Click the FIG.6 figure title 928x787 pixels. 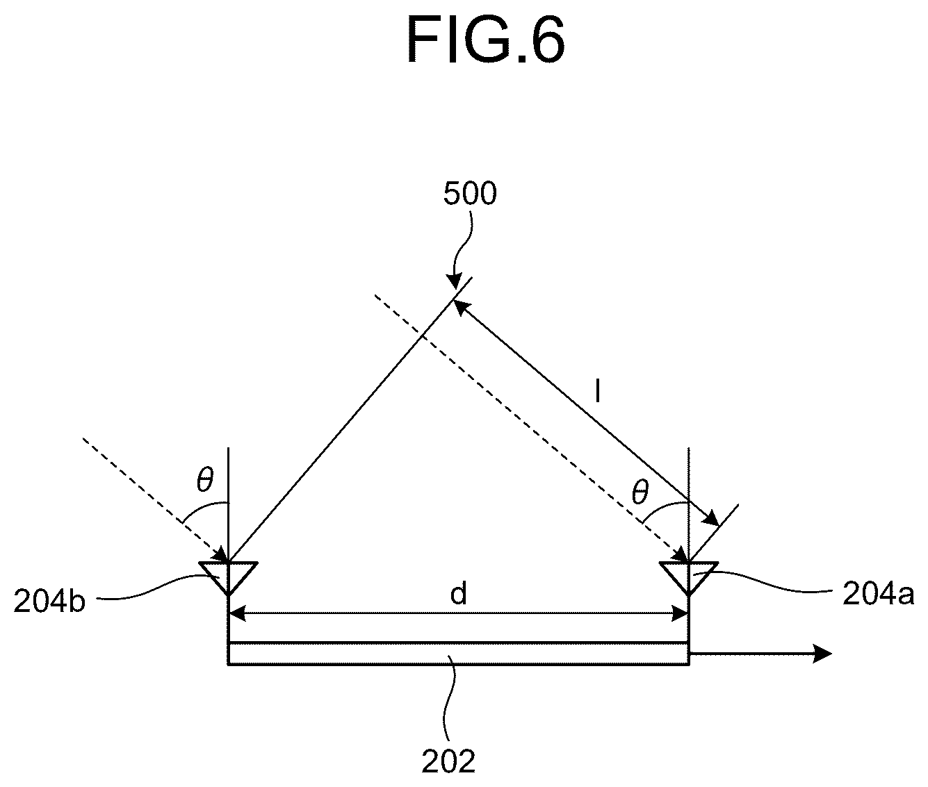coord(485,41)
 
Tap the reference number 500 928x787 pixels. coord(470,194)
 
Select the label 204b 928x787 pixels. coord(49,602)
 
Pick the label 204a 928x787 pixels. coord(878,595)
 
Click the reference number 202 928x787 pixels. coord(448,761)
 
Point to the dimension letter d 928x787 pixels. coord(458,595)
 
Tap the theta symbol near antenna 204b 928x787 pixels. coord(205,480)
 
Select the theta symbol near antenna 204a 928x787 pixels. coord(640,492)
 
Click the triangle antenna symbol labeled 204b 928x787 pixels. coord(229,577)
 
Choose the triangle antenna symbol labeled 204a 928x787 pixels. coord(689,577)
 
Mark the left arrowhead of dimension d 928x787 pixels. coord(238,613)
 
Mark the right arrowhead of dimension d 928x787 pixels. coord(680,613)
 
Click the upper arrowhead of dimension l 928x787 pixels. coord(462,308)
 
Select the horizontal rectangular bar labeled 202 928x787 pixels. coord(458,654)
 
